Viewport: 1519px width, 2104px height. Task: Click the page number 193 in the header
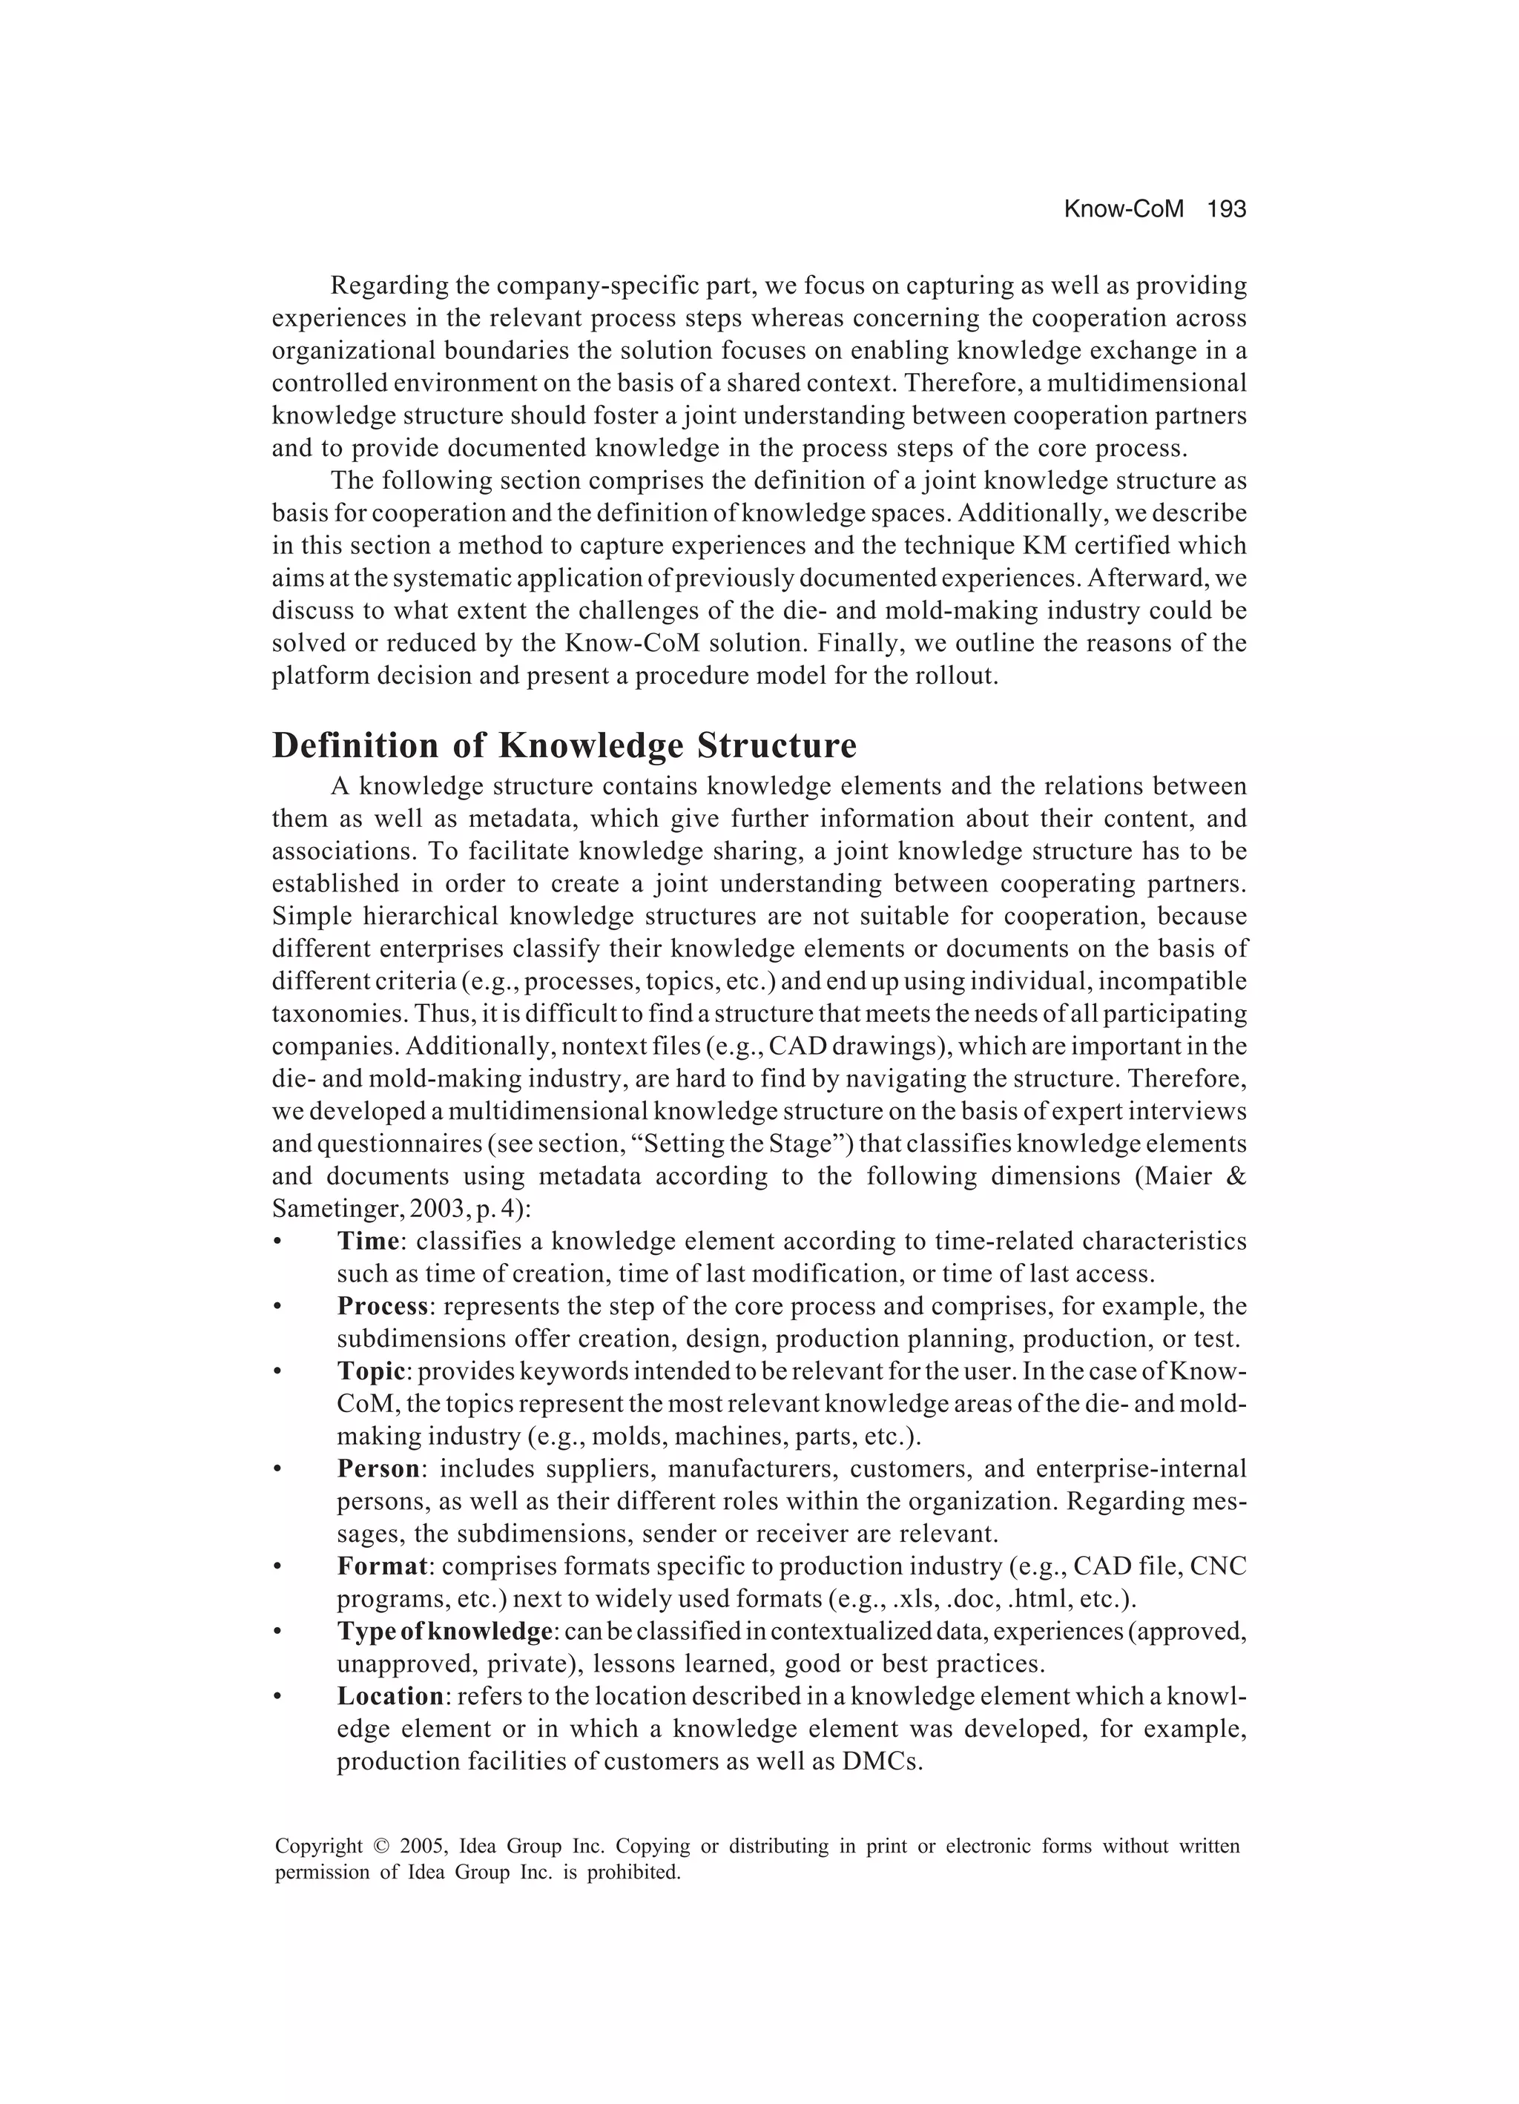pos(1226,210)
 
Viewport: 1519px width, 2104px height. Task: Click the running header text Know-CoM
pos(1124,210)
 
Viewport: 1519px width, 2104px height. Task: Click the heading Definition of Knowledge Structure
pos(564,746)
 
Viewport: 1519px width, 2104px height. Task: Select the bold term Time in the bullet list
pos(367,1241)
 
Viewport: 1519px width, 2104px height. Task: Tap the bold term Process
pos(382,1306)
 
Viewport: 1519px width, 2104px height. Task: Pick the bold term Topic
pos(371,1371)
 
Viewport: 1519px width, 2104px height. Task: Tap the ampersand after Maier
pos(1236,1176)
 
